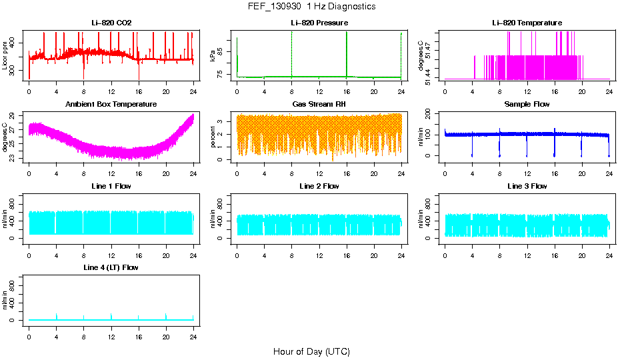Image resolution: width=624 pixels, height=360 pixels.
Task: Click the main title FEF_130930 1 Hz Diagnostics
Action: pyautogui.click(x=311, y=7)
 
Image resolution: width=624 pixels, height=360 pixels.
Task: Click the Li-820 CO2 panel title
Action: pyautogui.click(x=111, y=23)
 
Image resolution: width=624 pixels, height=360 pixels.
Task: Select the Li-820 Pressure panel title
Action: pyautogui.click(x=319, y=23)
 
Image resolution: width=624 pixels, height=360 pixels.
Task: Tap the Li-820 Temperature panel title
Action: pyautogui.click(x=527, y=23)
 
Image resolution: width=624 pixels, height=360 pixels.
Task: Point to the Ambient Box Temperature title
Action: pyautogui.click(x=111, y=105)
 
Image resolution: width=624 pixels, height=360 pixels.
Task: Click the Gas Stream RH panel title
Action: pyautogui.click(x=319, y=105)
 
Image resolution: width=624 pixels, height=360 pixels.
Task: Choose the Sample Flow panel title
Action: pyautogui.click(x=527, y=105)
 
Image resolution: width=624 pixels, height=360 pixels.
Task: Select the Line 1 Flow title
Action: pyautogui.click(x=111, y=186)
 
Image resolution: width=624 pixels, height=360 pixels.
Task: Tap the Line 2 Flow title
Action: pyautogui.click(x=319, y=186)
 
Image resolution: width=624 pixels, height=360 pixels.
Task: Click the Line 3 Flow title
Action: pyautogui.click(x=527, y=186)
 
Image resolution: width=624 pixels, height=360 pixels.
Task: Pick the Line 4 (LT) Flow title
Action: pyautogui.click(x=111, y=267)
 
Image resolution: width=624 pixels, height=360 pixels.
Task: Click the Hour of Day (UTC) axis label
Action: pyautogui.click(x=311, y=351)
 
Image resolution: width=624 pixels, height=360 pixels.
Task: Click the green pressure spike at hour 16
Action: pyautogui.click(x=347, y=53)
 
